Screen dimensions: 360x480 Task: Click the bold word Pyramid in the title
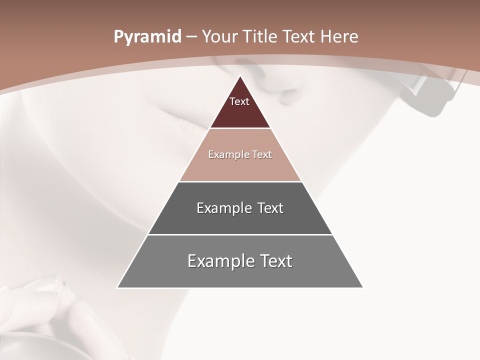[x=147, y=37]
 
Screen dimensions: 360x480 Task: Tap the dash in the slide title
[x=191, y=37]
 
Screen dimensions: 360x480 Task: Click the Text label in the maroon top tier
[x=239, y=101]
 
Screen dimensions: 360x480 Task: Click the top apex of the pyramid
[x=240, y=76]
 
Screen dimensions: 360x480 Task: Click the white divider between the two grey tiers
[x=240, y=234]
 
